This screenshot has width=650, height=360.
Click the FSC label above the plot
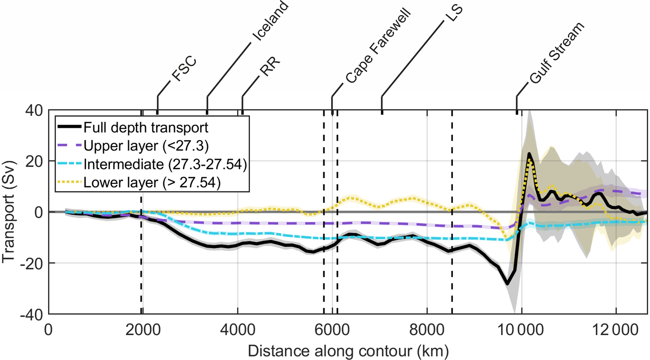click(x=184, y=69)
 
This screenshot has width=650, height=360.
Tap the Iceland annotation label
click(x=271, y=21)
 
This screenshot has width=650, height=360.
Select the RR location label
click(x=270, y=67)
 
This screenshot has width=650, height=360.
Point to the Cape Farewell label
click(x=378, y=46)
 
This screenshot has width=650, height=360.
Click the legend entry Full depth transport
click(x=146, y=128)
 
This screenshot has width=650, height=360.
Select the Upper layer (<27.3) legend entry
click(x=146, y=146)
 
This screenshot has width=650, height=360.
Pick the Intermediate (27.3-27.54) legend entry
click(x=165, y=164)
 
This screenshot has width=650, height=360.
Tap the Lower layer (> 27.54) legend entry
click(x=152, y=183)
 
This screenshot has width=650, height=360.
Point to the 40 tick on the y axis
click(x=34, y=111)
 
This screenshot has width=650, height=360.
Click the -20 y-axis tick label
click(x=31, y=263)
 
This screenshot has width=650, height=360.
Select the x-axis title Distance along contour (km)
click(x=348, y=351)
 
